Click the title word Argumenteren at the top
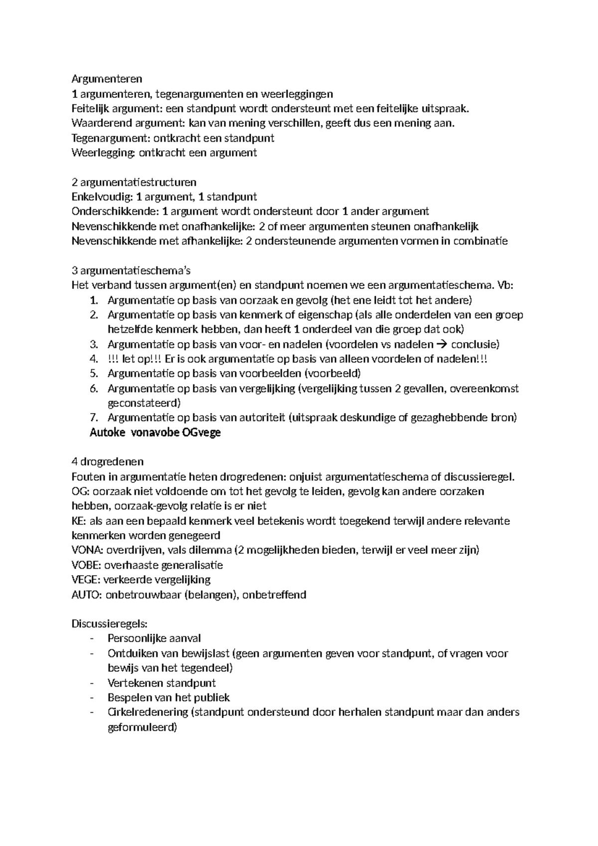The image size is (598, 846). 107,79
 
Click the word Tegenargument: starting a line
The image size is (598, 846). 111,138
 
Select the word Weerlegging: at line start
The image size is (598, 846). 103,153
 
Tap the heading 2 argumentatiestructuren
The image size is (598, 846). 134,182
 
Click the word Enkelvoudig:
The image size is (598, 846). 102,197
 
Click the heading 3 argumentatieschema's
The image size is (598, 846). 131,271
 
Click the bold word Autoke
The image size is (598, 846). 107,432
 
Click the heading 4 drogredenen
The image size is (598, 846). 108,462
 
